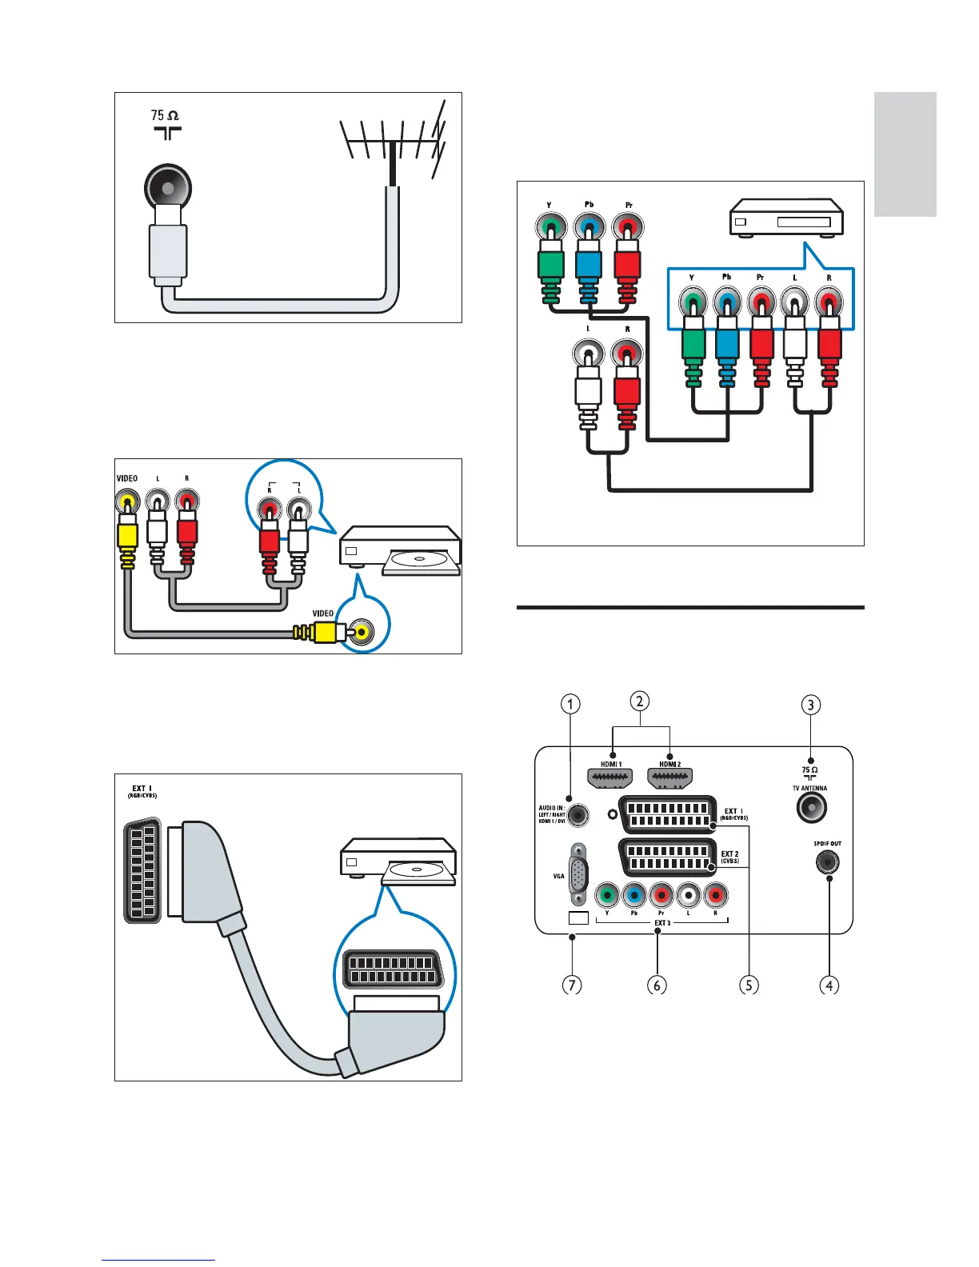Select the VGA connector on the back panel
point(577,874)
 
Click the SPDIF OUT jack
point(828,862)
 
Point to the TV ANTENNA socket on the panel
point(811,808)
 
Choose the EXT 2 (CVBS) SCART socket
point(667,858)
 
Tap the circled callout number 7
point(571,985)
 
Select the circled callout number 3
point(811,705)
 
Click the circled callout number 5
point(748,985)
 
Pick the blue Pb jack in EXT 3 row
point(634,893)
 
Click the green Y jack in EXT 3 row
point(608,893)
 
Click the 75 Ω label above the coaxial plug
point(166,116)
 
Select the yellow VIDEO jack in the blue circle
point(362,632)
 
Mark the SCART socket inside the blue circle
point(393,969)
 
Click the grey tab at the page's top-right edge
point(905,154)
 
